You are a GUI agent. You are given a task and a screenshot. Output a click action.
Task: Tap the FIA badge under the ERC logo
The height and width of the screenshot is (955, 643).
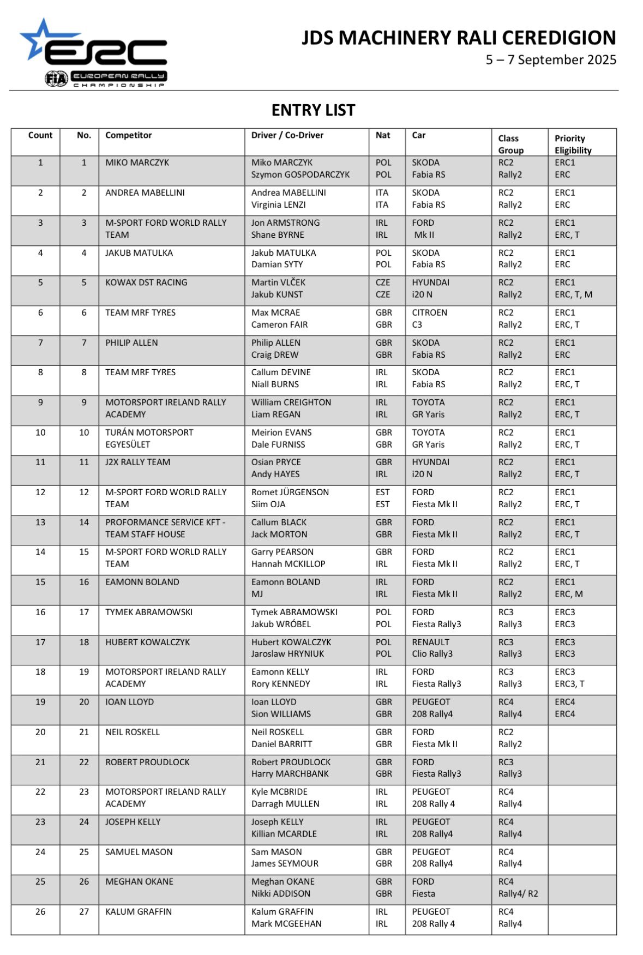(x=56, y=79)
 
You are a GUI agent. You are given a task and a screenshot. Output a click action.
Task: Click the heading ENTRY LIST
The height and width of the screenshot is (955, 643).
(x=313, y=110)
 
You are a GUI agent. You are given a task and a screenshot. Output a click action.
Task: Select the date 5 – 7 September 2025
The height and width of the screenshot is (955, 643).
(x=551, y=60)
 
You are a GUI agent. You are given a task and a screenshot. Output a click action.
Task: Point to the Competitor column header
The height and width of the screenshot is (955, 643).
(x=129, y=135)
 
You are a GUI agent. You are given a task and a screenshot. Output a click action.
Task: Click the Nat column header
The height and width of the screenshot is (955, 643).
(x=383, y=135)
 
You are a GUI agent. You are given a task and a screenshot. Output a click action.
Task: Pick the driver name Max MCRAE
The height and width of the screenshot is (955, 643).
(x=275, y=313)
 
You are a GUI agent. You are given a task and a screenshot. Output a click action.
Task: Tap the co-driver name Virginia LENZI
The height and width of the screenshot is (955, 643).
(x=278, y=205)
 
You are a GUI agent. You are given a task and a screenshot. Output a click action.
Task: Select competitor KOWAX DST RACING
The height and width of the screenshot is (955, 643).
(x=146, y=283)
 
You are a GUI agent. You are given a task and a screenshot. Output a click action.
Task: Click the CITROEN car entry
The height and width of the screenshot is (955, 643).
(x=429, y=313)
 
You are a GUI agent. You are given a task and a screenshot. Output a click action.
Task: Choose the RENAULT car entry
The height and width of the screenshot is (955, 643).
(x=430, y=642)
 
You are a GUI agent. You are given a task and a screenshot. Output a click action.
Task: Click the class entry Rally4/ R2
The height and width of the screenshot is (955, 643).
(x=518, y=893)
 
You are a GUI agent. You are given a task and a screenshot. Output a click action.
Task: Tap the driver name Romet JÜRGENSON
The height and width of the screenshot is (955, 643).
(x=290, y=492)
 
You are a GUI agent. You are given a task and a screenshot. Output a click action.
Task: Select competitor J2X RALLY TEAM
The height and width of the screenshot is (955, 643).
(x=137, y=462)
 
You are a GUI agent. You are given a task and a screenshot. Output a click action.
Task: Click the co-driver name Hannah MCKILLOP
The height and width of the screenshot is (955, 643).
(x=288, y=564)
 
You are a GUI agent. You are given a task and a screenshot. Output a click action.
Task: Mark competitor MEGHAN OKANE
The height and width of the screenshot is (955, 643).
(x=139, y=881)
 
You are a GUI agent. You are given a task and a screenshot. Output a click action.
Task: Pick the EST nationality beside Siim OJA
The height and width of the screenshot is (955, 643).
(x=382, y=504)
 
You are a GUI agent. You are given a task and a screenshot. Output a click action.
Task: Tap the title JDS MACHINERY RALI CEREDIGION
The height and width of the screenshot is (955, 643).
(x=459, y=38)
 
